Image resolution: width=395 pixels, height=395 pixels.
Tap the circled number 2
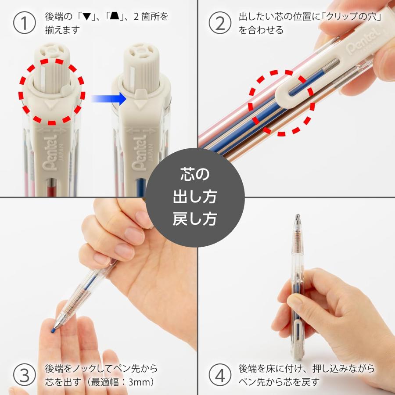point(219,23)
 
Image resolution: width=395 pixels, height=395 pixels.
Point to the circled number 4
point(219,374)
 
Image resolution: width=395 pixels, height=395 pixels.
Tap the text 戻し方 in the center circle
point(195,218)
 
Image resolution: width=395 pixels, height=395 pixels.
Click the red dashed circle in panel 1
point(52,91)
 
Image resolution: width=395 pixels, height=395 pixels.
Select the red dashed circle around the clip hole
point(281,102)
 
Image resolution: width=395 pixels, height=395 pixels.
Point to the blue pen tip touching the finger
point(53,327)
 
